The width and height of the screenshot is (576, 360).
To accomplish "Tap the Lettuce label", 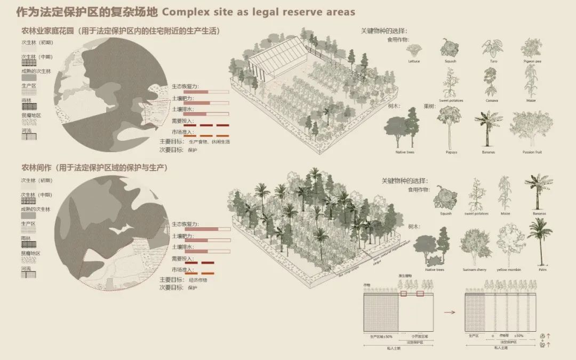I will tap(414, 61).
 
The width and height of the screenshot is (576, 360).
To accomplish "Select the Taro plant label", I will tap(489, 61).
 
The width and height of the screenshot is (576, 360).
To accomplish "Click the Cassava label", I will tap(491, 100).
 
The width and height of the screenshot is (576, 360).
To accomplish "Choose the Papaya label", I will tap(451, 152).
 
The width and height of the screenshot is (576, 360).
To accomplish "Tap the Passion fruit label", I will tap(532, 152).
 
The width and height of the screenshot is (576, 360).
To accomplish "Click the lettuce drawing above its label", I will tap(414, 51).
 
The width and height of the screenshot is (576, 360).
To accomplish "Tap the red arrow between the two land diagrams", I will tap(450, 312).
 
